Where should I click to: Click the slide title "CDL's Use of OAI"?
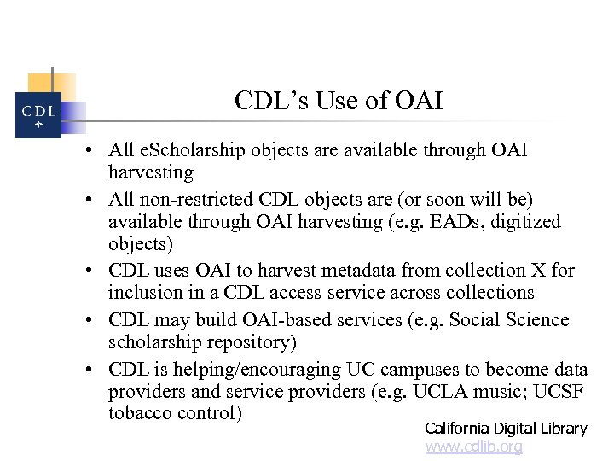pos(339,102)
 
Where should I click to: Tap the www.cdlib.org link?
pos(473,446)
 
